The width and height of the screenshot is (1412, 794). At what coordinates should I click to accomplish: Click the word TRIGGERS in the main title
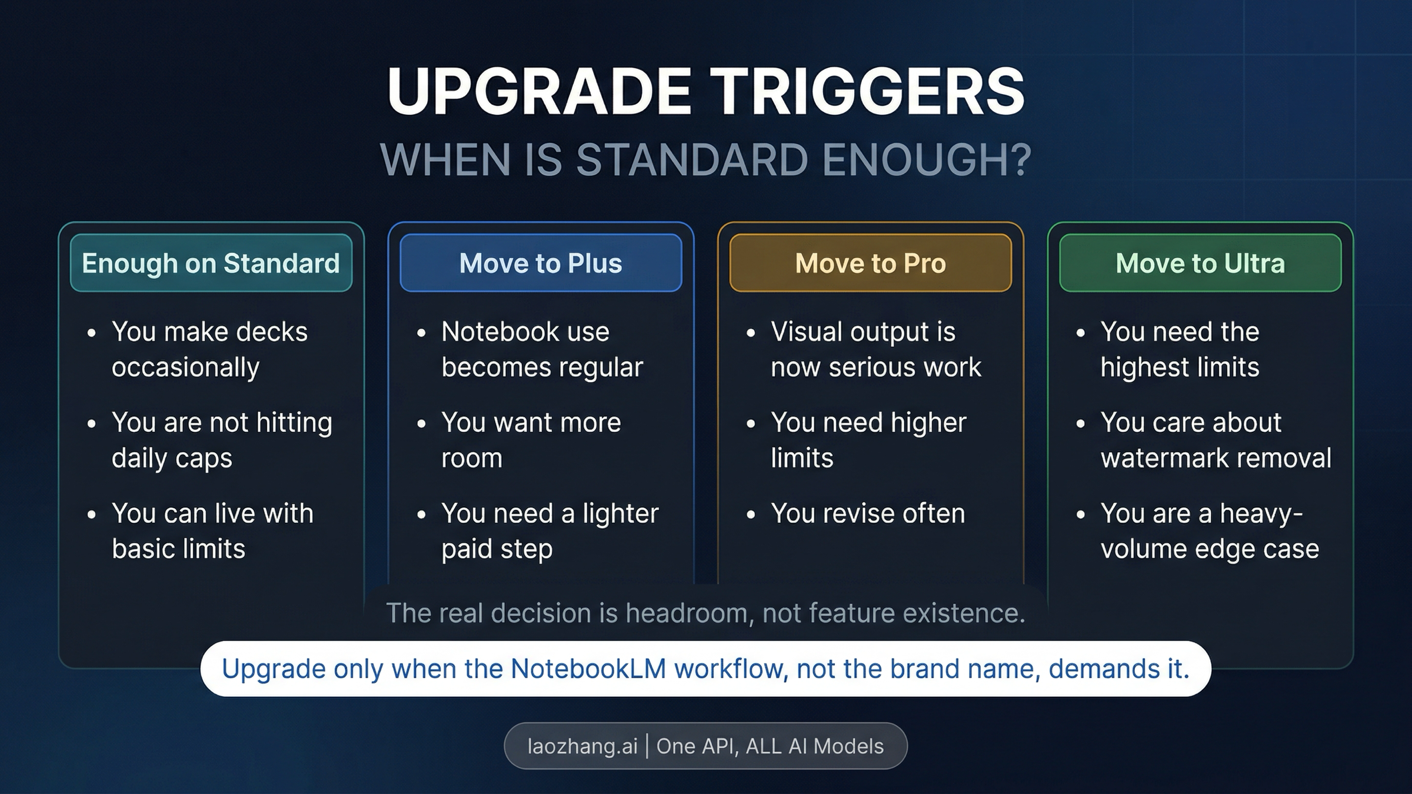(870, 92)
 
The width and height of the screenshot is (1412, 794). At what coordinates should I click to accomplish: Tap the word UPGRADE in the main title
(538, 92)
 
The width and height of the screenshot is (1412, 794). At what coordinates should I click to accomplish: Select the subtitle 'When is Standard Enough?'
(705, 159)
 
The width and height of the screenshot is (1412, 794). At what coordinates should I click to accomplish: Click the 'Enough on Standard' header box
(211, 263)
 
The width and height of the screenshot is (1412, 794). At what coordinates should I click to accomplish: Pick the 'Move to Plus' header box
(541, 263)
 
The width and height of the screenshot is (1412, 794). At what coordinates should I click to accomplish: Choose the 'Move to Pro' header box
(870, 263)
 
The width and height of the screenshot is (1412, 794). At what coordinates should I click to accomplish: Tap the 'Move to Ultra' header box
(1200, 263)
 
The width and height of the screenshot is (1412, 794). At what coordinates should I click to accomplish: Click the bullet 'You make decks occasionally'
(209, 349)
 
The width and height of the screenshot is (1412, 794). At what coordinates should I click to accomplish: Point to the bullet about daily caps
(221, 440)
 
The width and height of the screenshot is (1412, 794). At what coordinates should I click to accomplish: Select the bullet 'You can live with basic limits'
(212, 531)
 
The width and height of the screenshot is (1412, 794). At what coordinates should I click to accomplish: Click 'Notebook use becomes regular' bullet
(541, 349)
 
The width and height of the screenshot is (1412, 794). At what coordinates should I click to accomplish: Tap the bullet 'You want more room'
(531, 440)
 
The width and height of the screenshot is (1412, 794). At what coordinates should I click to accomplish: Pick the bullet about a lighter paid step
(550, 531)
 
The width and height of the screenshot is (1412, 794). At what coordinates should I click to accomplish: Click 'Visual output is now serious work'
(875, 349)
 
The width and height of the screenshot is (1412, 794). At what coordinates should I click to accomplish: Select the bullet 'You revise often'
(868, 513)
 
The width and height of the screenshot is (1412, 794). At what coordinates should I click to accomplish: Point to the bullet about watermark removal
(1215, 440)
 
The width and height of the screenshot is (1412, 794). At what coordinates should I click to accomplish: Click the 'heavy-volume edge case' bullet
(1209, 531)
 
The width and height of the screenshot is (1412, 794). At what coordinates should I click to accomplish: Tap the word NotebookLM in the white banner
(588, 669)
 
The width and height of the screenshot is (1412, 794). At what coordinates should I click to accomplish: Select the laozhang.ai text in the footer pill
(582, 746)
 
